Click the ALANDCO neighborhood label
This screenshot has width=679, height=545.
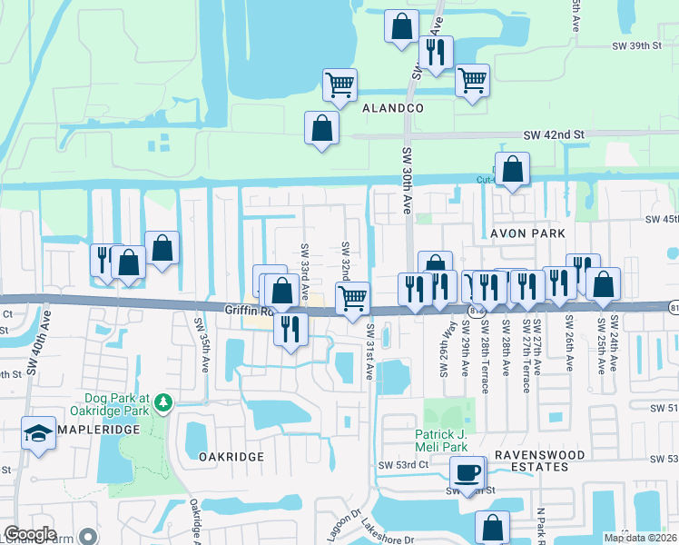pos(394,107)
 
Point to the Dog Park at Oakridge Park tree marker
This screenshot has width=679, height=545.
pos(163,401)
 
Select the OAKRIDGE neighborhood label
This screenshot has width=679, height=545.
pos(231,457)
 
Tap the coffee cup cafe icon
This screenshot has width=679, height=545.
pos(467,472)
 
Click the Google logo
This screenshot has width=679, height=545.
pos(30,534)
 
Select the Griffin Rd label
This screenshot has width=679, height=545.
pos(242,310)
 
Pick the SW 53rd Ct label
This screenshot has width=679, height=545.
pos(404,465)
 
